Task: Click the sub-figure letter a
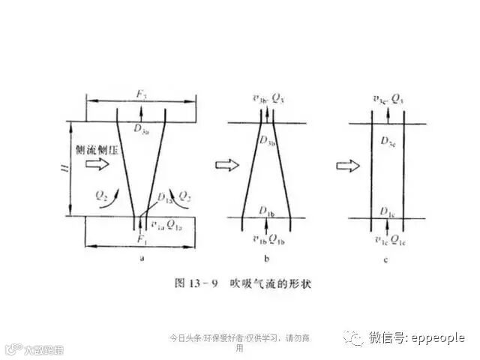[x=142, y=256]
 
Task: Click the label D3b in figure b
[x=268, y=139]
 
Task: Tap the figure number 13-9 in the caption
[x=202, y=286]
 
